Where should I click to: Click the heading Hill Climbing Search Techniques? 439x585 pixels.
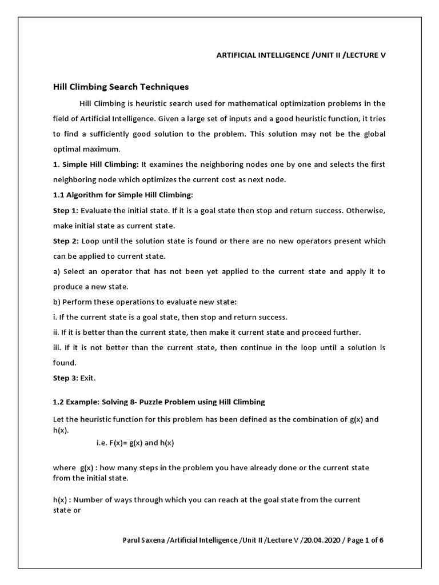pyautogui.click(x=121, y=87)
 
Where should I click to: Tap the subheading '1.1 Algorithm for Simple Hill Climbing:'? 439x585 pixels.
pyautogui.click(x=123, y=195)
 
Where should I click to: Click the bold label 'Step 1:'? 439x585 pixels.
pyautogui.click(x=66, y=210)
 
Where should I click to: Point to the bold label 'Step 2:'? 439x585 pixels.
pyautogui.click(x=66, y=241)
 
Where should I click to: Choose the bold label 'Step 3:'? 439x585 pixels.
pyautogui.click(x=66, y=378)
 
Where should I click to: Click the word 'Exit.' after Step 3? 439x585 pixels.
pyautogui.click(x=89, y=378)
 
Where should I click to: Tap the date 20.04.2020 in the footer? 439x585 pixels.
pyautogui.click(x=321, y=540)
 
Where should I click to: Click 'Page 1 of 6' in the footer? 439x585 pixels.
pyautogui.click(x=364, y=540)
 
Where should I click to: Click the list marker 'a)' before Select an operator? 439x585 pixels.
pyautogui.click(x=57, y=271)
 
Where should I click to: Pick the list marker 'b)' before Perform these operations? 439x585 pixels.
pyautogui.click(x=57, y=302)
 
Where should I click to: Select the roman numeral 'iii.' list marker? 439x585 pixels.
pyautogui.click(x=58, y=347)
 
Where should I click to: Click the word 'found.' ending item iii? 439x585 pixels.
pyautogui.click(x=64, y=363)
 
